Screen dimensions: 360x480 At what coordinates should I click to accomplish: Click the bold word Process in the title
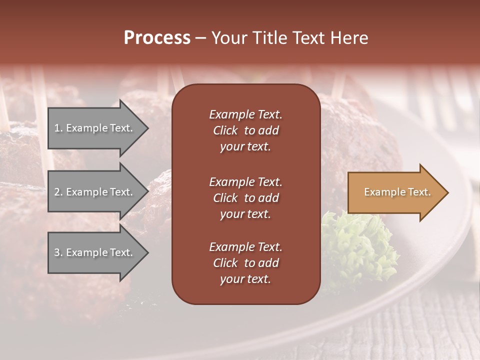[x=157, y=38]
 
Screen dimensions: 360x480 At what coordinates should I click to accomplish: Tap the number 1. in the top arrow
[x=58, y=128]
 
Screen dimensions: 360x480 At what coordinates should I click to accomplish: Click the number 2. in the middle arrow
[x=58, y=192]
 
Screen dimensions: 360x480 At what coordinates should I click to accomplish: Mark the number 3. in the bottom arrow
[x=58, y=252]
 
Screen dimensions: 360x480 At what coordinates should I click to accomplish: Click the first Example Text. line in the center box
[x=245, y=114]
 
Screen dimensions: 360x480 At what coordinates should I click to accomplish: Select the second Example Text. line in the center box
[x=245, y=182]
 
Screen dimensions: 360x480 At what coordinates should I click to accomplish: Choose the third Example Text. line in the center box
[x=245, y=247]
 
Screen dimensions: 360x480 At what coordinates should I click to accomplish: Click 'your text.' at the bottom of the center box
[x=245, y=279]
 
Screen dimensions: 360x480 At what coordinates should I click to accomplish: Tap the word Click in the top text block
[x=225, y=130]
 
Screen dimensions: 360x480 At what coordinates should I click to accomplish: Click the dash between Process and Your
[x=200, y=38]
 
